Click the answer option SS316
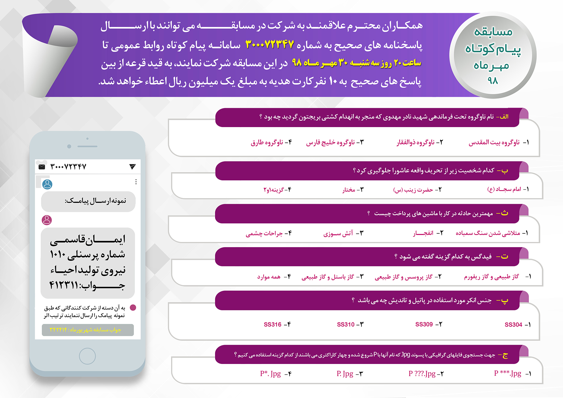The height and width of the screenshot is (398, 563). pyautogui.click(x=273, y=324)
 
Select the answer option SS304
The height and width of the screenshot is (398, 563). pyautogui.click(x=513, y=325)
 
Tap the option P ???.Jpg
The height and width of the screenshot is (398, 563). pyautogui.click(x=422, y=374)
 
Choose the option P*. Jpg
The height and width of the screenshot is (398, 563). pyautogui.click(x=271, y=374)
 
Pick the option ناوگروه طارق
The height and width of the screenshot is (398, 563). pyautogui.click(x=267, y=142)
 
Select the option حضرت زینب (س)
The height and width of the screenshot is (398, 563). pyautogui.click(x=413, y=190)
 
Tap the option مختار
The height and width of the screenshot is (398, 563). pyautogui.click(x=349, y=190)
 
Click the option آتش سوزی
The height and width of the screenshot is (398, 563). pyautogui.click(x=338, y=233)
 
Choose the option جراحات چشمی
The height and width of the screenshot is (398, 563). pyautogui.click(x=264, y=233)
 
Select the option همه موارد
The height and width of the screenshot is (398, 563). pyautogui.click(x=269, y=277)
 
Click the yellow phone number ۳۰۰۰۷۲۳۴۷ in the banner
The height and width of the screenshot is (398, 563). pyautogui.click(x=270, y=44)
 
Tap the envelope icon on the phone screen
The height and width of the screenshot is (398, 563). pyautogui.click(x=42, y=167)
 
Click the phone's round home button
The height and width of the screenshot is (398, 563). pyautogui.click(x=87, y=356)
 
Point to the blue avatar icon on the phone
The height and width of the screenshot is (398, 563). pyautogui.click(x=48, y=184)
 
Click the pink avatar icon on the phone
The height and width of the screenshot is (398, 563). pyautogui.click(x=47, y=220)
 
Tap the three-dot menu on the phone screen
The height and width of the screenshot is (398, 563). pyautogui.click(x=136, y=182)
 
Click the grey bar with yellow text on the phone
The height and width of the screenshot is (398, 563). pyautogui.click(x=88, y=330)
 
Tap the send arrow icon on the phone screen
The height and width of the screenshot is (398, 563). pyautogui.click(x=132, y=166)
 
